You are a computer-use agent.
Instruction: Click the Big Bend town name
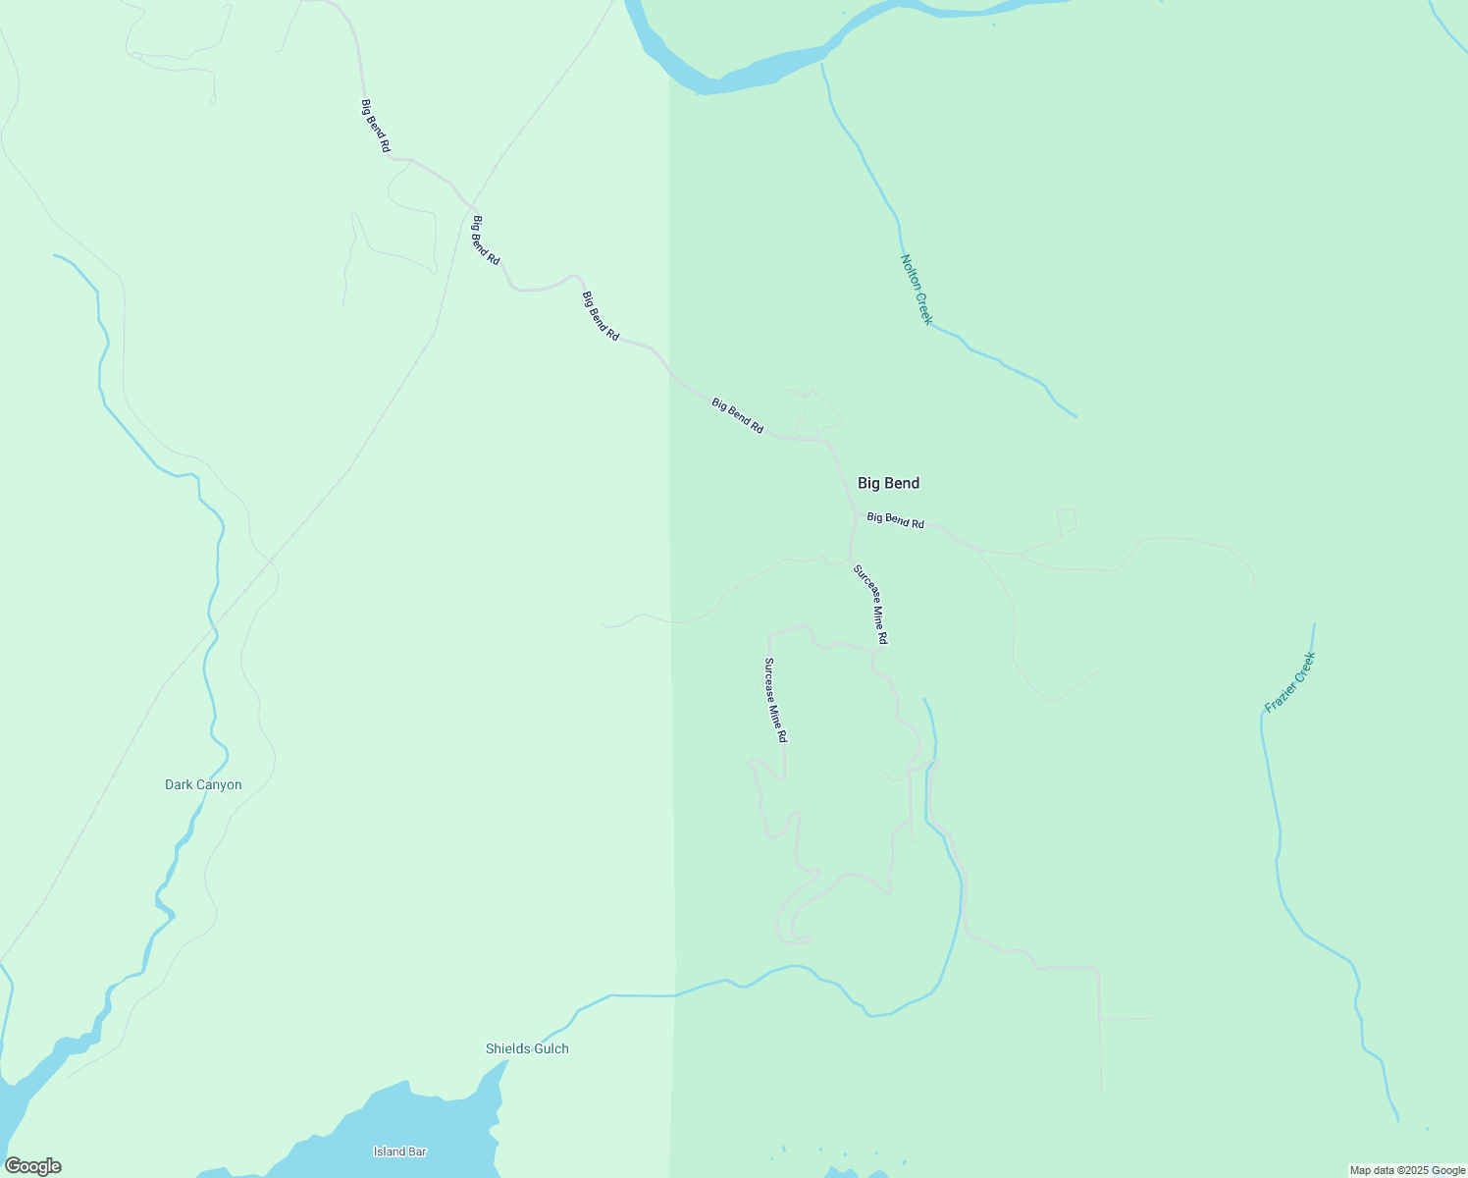(888, 483)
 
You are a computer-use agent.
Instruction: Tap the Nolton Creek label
(917, 290)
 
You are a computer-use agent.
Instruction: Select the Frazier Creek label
(1289, 682)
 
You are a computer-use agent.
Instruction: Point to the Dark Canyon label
(203, 784)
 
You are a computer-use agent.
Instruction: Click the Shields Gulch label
(527, 1048)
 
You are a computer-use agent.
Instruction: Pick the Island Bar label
(400, 1151)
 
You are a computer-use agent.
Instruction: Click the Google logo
(32, 1166)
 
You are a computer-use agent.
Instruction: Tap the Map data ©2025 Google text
(1407, 1170)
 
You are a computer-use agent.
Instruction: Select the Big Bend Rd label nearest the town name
(896, 520)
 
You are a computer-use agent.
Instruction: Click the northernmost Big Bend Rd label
(376, 126)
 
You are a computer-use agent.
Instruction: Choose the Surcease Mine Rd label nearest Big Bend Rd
(870, 604)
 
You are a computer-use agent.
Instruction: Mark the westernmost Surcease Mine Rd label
(775, 699)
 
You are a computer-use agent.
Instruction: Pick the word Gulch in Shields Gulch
(550, 1048)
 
